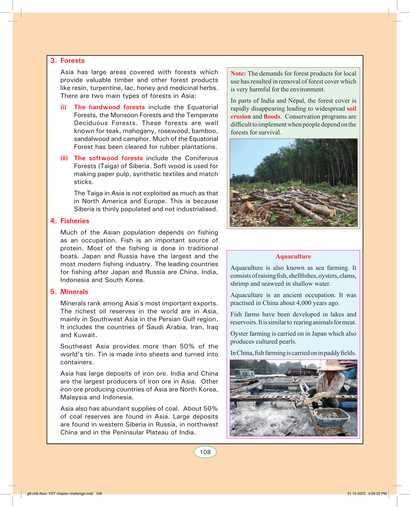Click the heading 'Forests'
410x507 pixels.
tap(72, 61)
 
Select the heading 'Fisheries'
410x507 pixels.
tap(75, 221)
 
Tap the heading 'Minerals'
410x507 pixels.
tap(74, 292)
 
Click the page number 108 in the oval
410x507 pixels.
tap(205, 452)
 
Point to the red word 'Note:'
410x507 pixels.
tap(238, 74)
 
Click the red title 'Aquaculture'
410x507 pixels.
tap(293, 256)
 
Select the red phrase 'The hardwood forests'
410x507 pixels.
tap(109, 107)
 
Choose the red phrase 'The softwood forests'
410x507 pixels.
tap(108, 158)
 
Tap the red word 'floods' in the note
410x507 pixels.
tap(272, 116)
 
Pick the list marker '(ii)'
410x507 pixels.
tap(64, 158)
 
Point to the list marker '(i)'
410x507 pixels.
tap(63, 107)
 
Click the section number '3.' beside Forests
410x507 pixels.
tap(53, 61)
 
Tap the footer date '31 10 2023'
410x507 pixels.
tap(356, 493)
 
